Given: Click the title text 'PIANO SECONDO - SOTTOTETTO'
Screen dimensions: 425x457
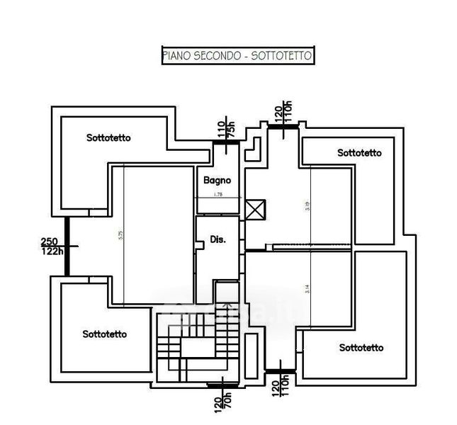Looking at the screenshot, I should (237, 56).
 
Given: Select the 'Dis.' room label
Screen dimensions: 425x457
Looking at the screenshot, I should (218, 240).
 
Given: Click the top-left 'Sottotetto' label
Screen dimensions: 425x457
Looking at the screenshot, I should (108, 137).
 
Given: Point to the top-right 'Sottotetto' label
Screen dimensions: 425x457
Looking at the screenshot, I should (359, 152).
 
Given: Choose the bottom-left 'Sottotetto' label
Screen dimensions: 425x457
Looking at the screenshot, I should (104, 334).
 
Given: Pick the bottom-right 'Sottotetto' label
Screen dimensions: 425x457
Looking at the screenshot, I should (361, 347).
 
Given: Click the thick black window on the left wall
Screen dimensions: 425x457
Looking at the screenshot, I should (66, 246).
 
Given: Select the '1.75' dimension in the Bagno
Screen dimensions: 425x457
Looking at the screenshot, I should (218, 194).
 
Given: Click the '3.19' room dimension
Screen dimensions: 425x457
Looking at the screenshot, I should (306, 206).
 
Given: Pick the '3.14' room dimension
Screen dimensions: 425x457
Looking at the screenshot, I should (306, 289).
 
